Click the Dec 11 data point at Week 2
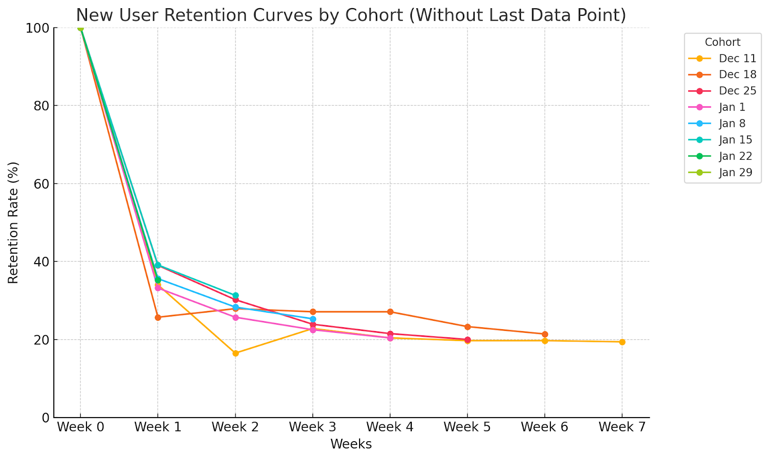236,353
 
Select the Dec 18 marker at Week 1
158,317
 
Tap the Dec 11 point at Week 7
622,342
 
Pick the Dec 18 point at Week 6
545,334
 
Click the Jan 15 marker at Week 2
236,295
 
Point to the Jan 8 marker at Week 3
313,319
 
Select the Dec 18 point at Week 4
390,312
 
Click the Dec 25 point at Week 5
467,340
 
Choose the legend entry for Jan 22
735,156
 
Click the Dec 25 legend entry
737,91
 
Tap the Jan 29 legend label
735,173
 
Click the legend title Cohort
722,42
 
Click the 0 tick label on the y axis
46,418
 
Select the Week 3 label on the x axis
313,427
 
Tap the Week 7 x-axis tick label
622,427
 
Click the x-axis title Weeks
351,444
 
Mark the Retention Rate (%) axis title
13,222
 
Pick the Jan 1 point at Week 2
236,317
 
